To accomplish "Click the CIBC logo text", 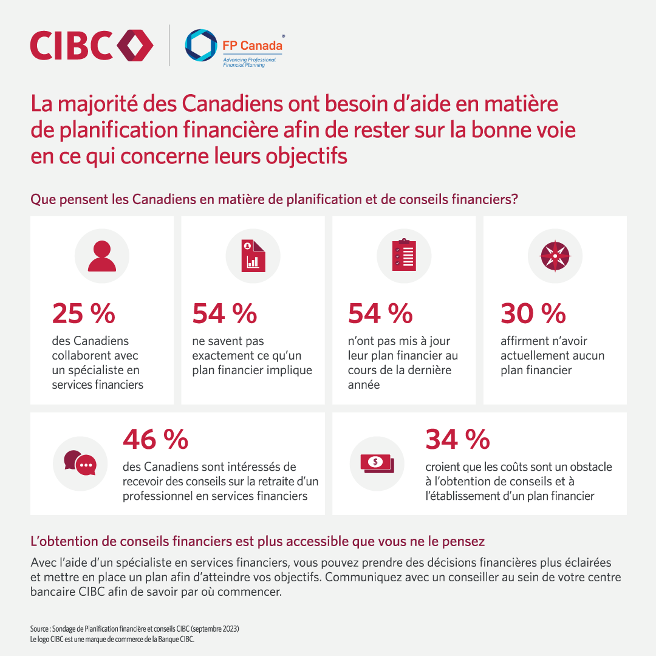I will [72, 46].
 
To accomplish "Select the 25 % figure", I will [83, 313].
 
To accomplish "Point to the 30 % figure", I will [533, 313].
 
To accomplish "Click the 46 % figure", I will [155, 440].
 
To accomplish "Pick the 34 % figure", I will [457, 440].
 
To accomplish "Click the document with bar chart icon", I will [252, 256].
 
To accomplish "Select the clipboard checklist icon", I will [404, 256].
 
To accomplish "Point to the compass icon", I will [555, 256].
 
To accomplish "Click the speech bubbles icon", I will [80, 463].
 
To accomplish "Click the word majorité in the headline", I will [96, 104].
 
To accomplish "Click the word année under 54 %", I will [364, 384].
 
